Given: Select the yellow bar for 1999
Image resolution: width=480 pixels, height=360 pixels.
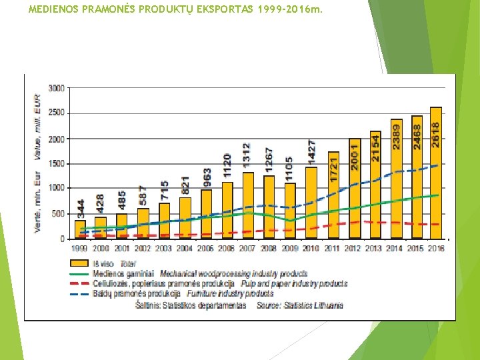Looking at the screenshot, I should click(80, 231).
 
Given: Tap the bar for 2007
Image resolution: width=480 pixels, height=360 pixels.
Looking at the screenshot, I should click(248, 207).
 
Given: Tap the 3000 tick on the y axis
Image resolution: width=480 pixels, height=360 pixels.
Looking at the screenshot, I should click(57, 88).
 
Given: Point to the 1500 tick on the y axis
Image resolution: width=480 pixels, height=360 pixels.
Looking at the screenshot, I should click(57, 163).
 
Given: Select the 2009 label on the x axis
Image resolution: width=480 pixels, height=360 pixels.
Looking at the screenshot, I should click(290, 249).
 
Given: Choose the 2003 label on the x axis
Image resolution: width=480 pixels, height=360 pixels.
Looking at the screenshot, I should click(163, 249).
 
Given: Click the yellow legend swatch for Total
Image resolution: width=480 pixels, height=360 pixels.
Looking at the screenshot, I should click(79, 264).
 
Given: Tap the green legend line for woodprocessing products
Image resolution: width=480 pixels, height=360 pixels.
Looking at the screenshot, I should click(79, 273).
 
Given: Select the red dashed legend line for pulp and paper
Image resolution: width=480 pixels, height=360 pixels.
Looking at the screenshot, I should click(79, 283).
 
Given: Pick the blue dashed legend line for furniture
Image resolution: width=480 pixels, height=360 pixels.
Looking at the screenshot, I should click(79, 293).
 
